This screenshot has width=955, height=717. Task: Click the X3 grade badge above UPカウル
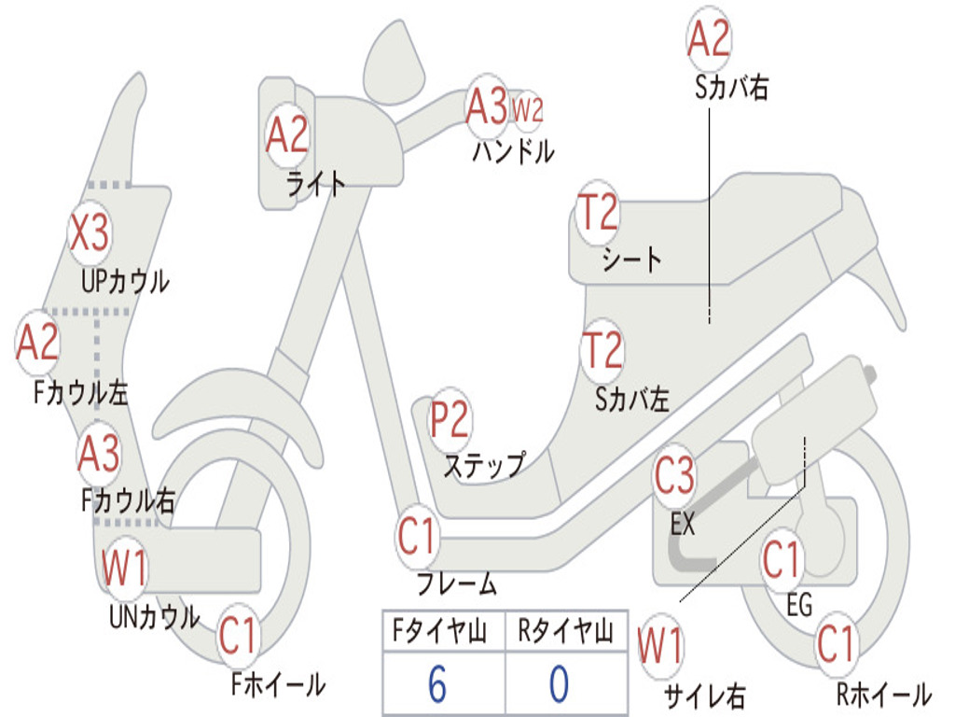coord(90,232)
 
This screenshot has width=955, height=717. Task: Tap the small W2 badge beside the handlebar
coord(527,110)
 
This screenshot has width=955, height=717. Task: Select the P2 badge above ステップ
coord(450,420)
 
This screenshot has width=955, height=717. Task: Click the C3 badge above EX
coord(674,475)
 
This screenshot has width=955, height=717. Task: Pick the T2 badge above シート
coord(598,213)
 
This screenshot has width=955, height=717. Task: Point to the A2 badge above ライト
coord(287,134)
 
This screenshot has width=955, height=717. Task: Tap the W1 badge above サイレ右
coord(660,646)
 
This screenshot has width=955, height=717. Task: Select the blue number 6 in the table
coord(437,683)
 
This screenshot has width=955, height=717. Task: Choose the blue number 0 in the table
coord(560,683)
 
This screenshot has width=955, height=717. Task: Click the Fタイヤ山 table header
coord(440,630)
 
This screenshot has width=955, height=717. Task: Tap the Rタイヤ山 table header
coord(565,630)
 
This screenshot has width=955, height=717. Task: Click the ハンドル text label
coord(514,151)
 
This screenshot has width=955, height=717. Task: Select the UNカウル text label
coord(155,616)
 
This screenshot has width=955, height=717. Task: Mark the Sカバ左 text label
coord(632,400)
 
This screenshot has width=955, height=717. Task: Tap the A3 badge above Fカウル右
coord(99,453)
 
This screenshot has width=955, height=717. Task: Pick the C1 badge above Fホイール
coord(238,636)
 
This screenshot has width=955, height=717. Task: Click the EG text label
coord(799,605)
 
